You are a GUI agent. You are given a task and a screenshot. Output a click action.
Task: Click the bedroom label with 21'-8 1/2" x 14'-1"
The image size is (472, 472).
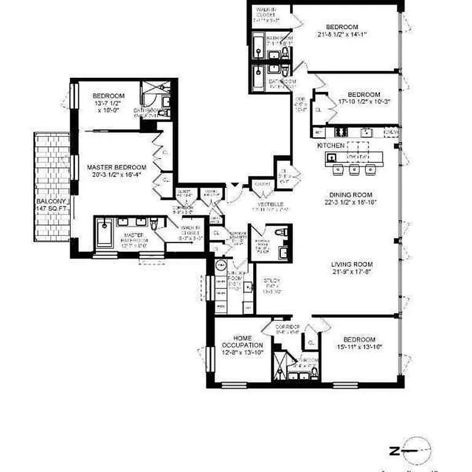point(342,30)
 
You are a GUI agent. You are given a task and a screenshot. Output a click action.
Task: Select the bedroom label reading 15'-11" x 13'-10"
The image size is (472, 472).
point(359,343)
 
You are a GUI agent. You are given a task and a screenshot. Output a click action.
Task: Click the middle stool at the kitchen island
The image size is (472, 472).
point(355,170)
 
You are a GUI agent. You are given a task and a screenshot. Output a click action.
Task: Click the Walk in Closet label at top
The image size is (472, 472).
point(265,14)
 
